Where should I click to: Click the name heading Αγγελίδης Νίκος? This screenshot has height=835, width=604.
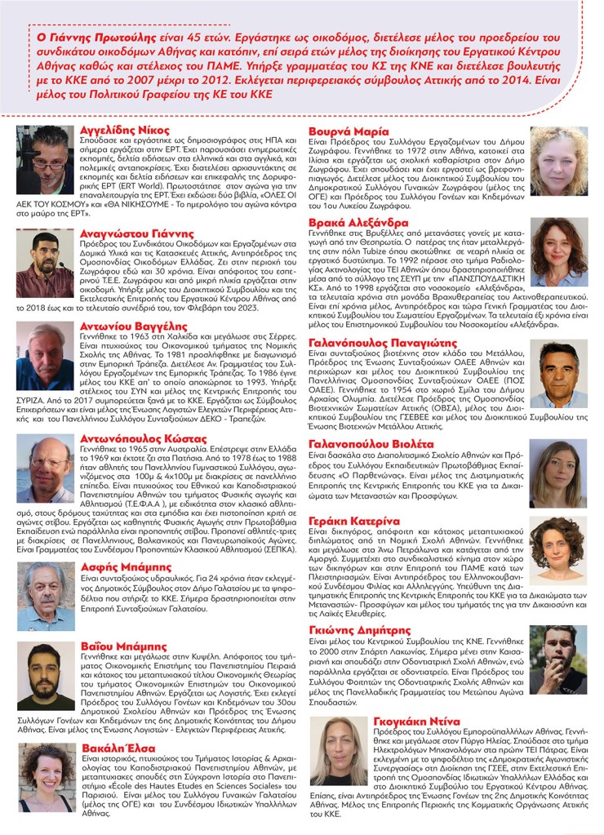pos(124,130)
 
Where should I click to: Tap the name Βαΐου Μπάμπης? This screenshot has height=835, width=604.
pos(119,646)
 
